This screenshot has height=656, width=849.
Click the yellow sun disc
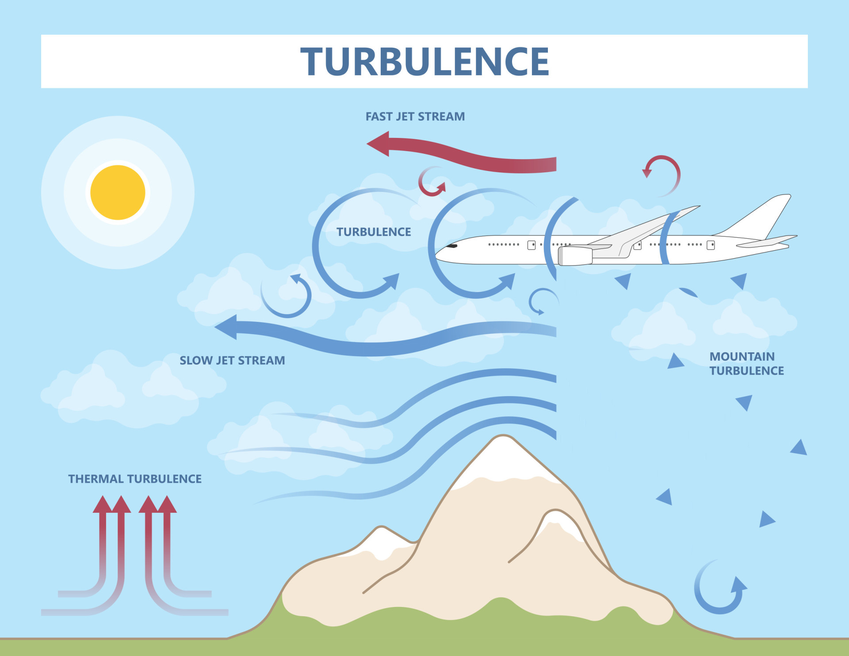coord(118,192)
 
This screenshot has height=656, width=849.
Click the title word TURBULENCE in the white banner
coord(424,61)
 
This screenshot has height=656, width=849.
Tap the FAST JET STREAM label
coord(415,117)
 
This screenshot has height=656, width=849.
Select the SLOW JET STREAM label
coord(232,360)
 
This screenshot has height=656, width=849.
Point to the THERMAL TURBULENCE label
coord(135,479)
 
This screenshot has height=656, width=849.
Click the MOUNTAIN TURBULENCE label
coord(746,363)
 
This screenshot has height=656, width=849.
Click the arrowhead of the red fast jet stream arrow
coord(379,144)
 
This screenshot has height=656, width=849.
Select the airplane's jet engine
coord(575,256)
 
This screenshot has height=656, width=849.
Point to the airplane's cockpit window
coord(451,246)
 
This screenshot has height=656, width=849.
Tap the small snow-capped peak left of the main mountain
coord(381,537)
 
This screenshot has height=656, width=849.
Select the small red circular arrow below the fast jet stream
coord(431,181)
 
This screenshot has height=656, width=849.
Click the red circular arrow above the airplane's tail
coord(662,175)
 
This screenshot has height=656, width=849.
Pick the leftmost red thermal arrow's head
coord(103,505)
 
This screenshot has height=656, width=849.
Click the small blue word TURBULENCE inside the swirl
coord(374,232)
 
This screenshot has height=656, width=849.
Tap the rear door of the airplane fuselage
coord(711,245)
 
